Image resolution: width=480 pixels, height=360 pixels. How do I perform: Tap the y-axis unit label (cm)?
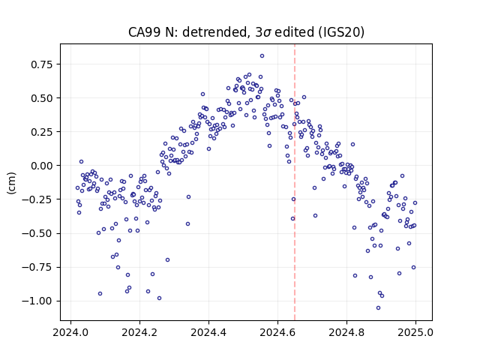coord(11,183)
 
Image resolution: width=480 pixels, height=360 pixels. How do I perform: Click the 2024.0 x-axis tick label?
coord(70,332)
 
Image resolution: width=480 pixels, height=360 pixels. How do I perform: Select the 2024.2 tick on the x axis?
coord(139,332)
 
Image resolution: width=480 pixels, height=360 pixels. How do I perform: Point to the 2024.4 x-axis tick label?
coord(208,332)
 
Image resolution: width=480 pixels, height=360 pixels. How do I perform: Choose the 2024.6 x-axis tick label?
coord(277,332)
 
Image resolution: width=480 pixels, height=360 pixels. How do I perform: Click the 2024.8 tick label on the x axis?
coord(346,332)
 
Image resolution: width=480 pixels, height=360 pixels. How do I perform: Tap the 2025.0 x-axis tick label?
coord(415,332)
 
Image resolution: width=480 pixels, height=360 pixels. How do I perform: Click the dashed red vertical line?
coord(295,182)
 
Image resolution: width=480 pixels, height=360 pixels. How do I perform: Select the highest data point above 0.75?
coord(262,55)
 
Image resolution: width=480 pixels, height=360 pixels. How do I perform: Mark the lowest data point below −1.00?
coord(378,308)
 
